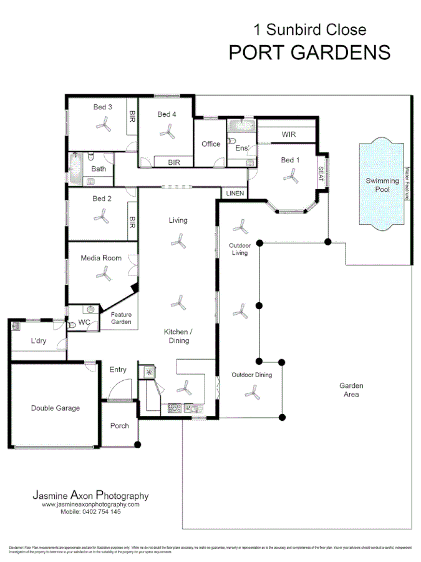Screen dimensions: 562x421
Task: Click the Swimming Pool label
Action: [382, 185]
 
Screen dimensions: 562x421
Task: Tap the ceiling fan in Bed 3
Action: [103, 126]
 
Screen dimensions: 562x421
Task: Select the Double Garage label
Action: [56, 408]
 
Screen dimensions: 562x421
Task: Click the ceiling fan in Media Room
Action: [103, 275]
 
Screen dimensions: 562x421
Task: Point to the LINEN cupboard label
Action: [235, 194]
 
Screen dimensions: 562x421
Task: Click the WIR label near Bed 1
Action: [288, 134]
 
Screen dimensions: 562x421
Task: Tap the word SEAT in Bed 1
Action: [321, 173]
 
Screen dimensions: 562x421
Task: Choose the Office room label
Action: [211, 144]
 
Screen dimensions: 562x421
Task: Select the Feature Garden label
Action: [121, 318]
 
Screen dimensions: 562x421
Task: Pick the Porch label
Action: [119, 426]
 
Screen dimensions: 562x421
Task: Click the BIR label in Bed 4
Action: [173, 162]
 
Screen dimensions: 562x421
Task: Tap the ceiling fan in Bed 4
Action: [167, 132]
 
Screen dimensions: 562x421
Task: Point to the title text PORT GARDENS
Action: [309, 52]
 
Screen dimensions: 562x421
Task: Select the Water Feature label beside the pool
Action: [407, 182]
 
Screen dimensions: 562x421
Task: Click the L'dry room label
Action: [40, 342]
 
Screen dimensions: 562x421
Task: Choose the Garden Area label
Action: [351, 390]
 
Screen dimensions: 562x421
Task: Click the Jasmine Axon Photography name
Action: [90, 496]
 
